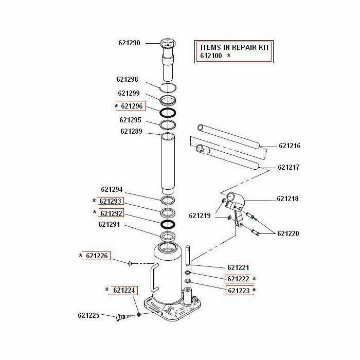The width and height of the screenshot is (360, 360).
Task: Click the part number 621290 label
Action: [129, 43]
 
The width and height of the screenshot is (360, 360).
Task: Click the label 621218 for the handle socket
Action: [287, 199]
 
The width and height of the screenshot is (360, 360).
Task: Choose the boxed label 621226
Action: [97, 256]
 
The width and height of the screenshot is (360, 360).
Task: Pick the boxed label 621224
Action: [124, 290]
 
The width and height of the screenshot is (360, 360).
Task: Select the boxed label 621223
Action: [238, 290]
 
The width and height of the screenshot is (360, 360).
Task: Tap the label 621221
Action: [238, 267]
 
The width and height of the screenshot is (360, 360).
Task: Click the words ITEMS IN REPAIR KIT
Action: [234, 47]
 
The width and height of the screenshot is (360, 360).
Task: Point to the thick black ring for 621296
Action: [168, 113]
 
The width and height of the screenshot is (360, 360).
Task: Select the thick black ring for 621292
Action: [168, 224]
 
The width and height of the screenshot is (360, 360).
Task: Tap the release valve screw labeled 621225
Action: [123, 317]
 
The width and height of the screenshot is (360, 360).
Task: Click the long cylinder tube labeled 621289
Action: [168, 162]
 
